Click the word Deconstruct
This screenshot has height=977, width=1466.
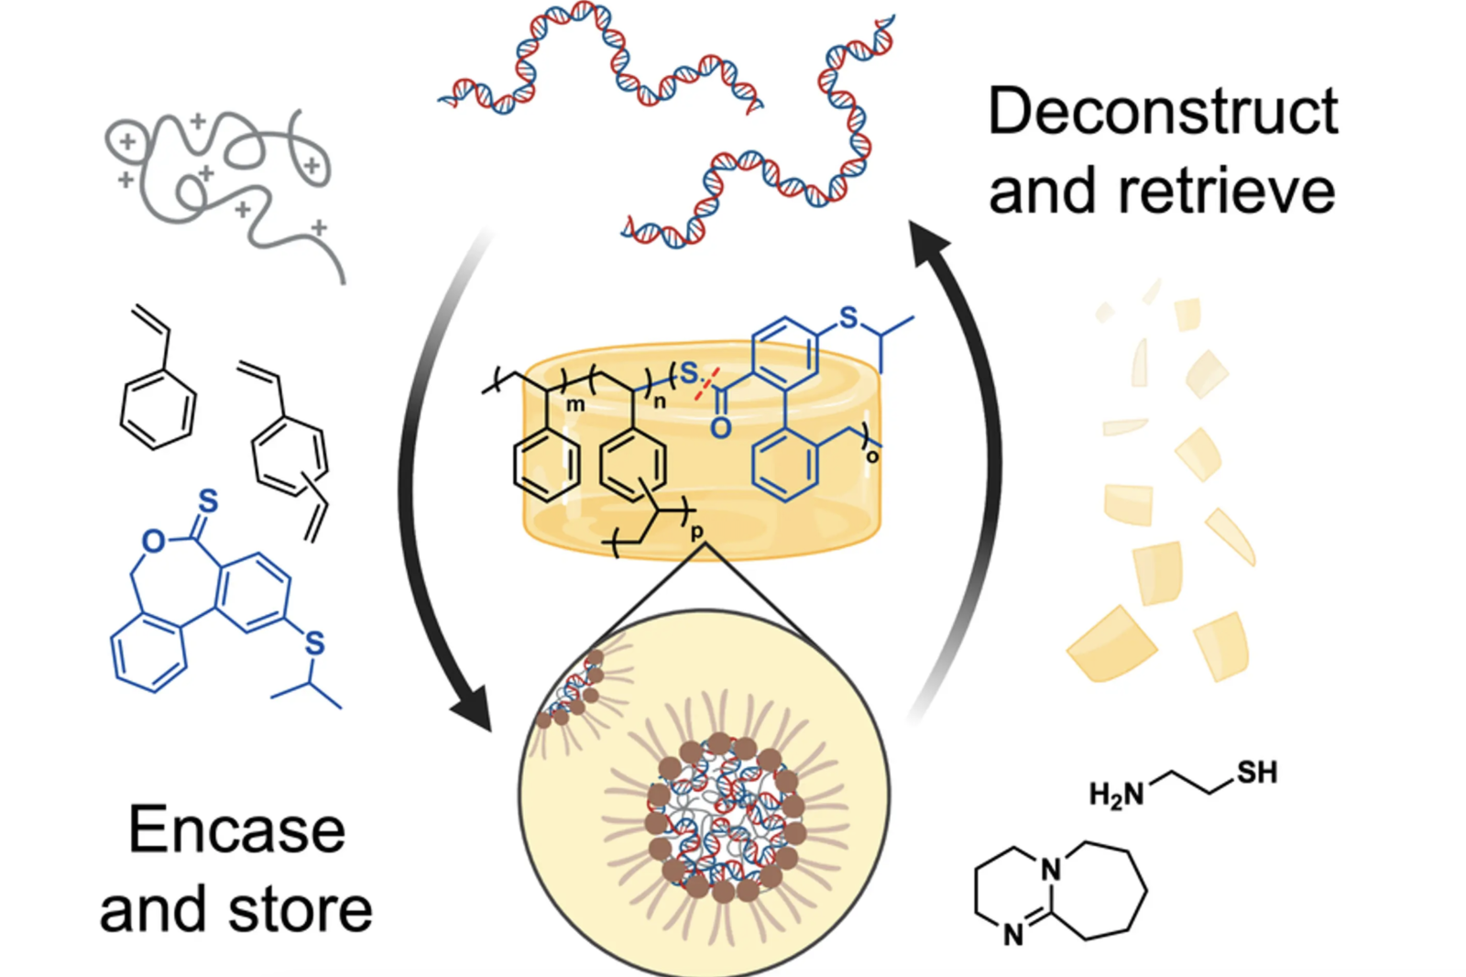[x=1162, y=114]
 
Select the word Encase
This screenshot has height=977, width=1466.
[x=236, y=830]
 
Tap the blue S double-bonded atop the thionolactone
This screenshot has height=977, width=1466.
[x=209, y=501]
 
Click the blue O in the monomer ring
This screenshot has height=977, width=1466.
[x=153, y=542]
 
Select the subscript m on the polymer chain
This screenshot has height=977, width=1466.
[x=575, y=404]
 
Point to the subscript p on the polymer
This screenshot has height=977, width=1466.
[x=697, y=532]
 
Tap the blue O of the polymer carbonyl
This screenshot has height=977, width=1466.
[x=720, y=427]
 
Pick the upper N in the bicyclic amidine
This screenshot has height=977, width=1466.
[x=1051, y=869]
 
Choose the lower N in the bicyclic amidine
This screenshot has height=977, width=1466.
[x=1012, y=935]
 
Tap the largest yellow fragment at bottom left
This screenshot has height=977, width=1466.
[x=1110, y=644]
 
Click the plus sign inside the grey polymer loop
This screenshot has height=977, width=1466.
[x=126, y=141]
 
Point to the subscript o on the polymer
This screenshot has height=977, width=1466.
[x=871, y=456]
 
